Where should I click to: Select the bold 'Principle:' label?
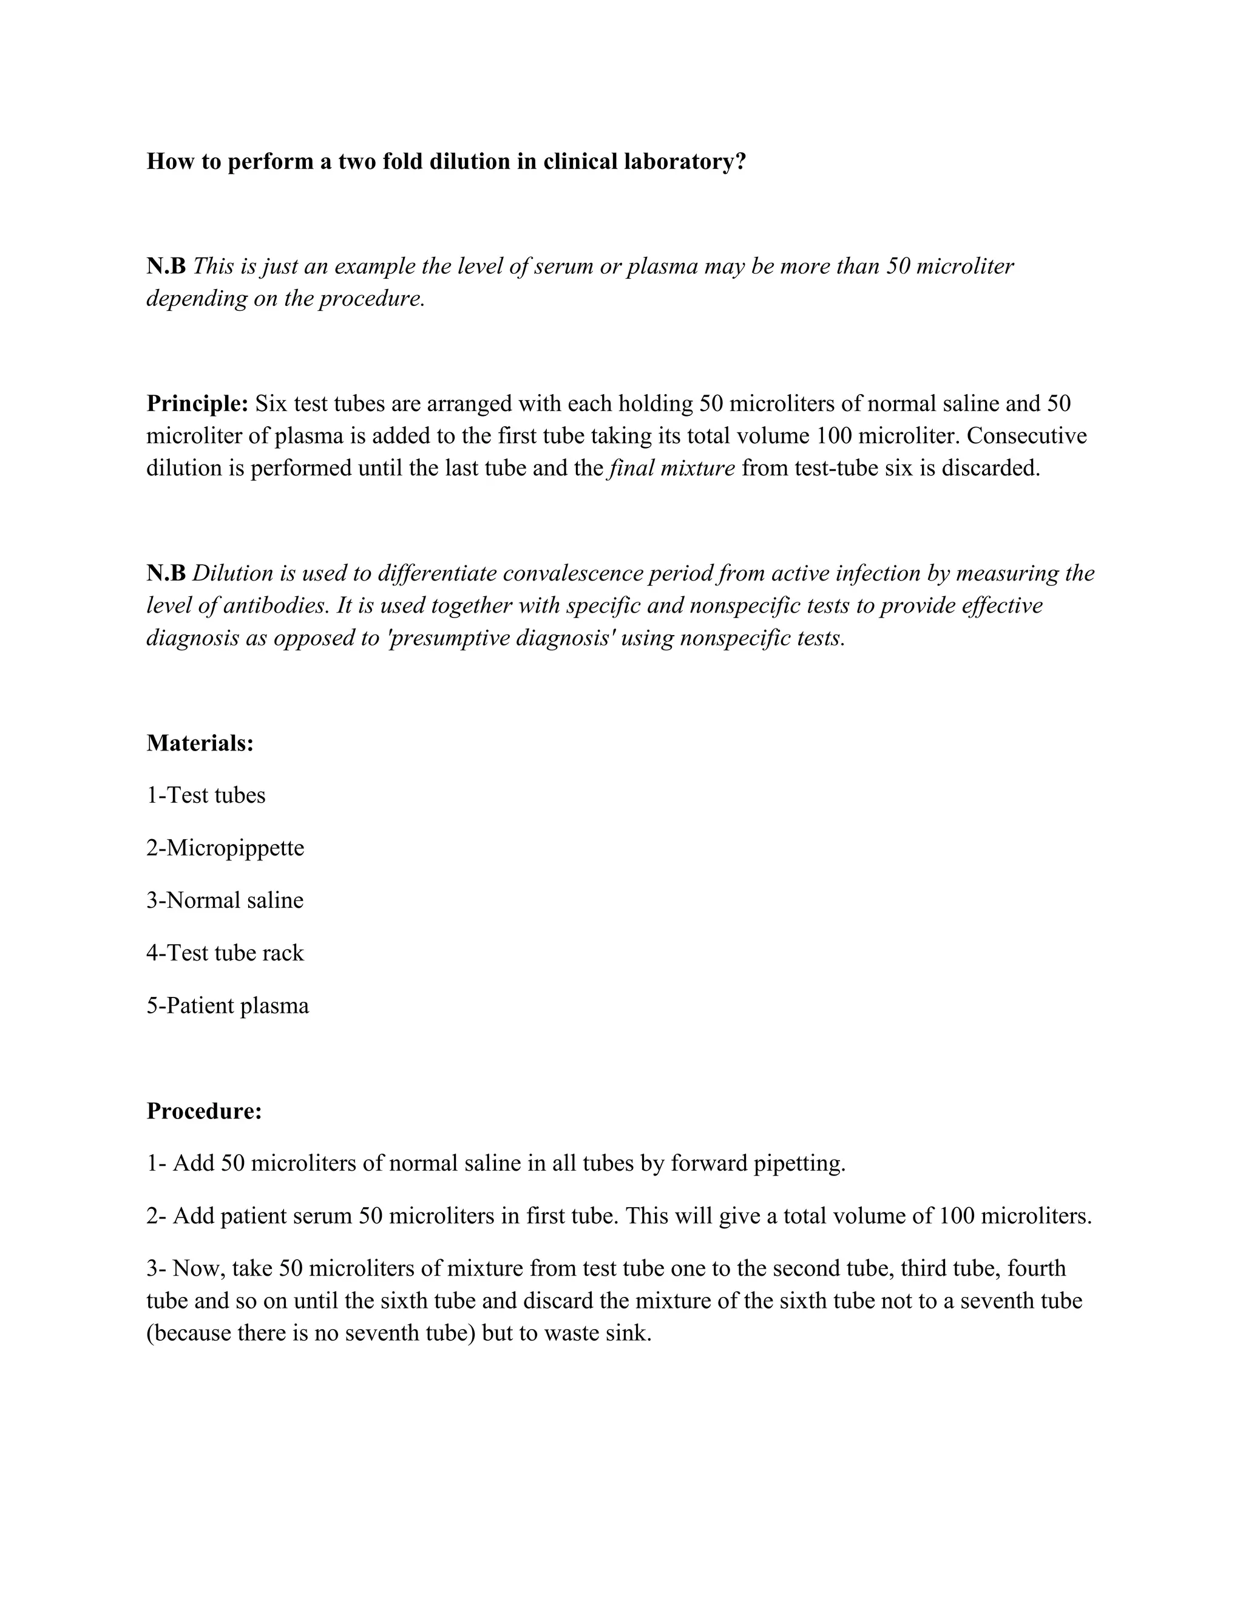197,404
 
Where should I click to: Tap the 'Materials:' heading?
200,743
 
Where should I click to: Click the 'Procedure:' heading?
204,1111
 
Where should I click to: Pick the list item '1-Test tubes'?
206,795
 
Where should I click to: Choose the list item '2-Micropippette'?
225,848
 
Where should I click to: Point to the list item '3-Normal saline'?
225,900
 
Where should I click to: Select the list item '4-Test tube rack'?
225,953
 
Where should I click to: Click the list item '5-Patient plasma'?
228,1005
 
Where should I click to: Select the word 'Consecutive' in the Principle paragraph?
1026,435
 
